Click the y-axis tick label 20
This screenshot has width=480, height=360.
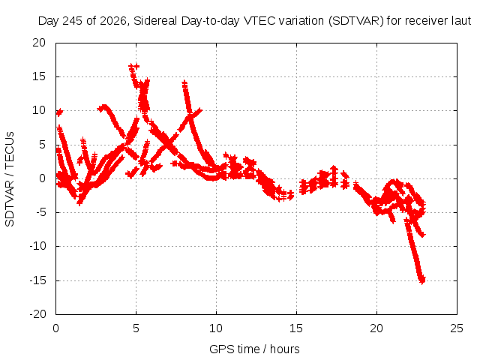click(x=39, y=43)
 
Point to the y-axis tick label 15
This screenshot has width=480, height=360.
click(x=39, y=76)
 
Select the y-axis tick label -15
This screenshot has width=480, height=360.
click(x=37, y=280)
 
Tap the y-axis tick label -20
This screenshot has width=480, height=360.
click(x=37, y=314)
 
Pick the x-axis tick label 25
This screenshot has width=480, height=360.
click(x=457, y=328)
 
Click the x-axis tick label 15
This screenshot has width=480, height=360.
click(x=296, y=328)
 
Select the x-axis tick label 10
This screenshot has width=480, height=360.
click(x=216, y=328)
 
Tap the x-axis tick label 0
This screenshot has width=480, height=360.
click(x=55, y=328)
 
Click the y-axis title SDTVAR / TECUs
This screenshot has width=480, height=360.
click(x=10, y=179)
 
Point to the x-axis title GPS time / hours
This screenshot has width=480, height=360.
click(x=254, y=349)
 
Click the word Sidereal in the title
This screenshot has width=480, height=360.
click(x=155, y=21)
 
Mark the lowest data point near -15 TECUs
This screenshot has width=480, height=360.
click(x=422, y=280)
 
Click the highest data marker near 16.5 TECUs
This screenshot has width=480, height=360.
click(x=132, y=66)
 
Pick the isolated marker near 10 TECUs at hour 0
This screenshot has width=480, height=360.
click(x=59, y=112)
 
